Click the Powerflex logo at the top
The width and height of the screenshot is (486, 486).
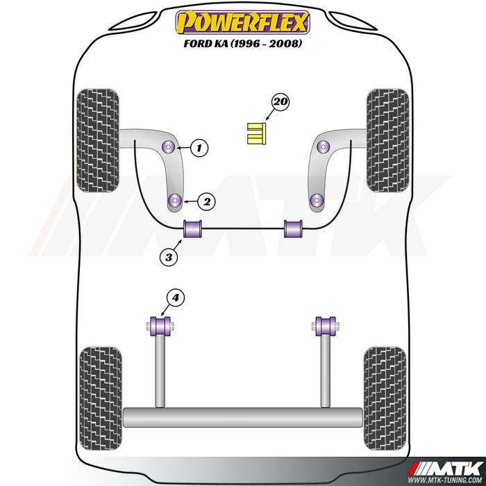pos(243,22)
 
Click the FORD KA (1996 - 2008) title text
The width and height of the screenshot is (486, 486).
pos(243,43)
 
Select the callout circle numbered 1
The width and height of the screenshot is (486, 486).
pos(199,148)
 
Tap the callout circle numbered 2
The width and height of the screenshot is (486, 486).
pos(206,202)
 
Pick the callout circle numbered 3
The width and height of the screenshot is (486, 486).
pos(169,257)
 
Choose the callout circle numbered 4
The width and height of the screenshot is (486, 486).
pos(176,298)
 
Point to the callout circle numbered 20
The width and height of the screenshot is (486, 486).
pos(280,101)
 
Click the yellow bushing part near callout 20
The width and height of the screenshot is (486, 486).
pos(257,133)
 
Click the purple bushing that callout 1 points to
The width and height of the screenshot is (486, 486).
pos(169,146)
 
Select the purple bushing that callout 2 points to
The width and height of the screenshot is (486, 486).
pos(175,200)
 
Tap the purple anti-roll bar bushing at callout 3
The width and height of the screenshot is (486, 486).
pos(192,228)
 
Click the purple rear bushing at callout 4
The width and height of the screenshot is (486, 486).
pos(160,326)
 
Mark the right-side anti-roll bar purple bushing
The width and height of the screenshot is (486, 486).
pos(293,228)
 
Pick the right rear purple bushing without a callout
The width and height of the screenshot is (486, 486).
pos(326,326)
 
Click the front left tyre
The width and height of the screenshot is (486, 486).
pos(98,140)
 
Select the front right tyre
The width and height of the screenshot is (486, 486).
pos(387,140)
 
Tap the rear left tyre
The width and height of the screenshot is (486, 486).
pos(101,399)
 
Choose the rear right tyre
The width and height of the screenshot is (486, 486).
pos(385,399)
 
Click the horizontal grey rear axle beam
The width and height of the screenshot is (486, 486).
pos(243,417)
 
